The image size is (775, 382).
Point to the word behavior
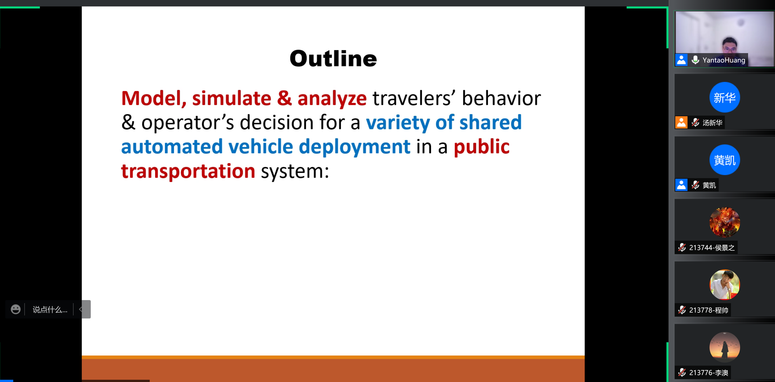[501, 98]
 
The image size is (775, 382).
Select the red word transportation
[188, 171]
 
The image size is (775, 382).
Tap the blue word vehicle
[260, 147]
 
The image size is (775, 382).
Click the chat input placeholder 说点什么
[50, 309]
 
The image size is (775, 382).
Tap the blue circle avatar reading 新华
[724, 97]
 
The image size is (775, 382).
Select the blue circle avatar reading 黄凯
[724, 160]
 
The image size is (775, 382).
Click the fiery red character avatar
[724, 222]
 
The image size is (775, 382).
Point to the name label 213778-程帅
[709, 310]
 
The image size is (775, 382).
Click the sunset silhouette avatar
[724, 347]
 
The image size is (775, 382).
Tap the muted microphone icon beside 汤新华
[695, 122]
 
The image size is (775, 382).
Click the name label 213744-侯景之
[712, 248]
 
